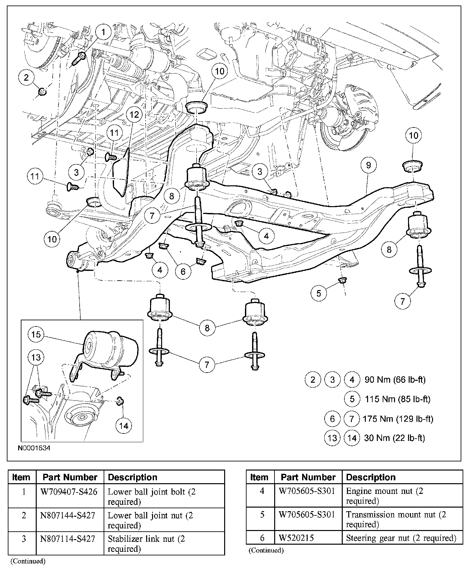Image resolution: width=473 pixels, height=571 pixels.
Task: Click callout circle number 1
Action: [x=103, y=32]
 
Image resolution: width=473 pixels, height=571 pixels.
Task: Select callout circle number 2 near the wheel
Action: [x=26, y=77]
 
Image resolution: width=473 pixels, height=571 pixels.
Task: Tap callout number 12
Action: [x=134, y=114]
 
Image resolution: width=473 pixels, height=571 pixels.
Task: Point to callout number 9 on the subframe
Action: [x=368, y=165]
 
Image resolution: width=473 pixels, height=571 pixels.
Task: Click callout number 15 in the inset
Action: [x=36, y=334]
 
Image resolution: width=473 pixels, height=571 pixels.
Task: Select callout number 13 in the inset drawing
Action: [x=36, y=357]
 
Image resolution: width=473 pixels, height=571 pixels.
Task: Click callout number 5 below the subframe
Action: [x=318, y=293]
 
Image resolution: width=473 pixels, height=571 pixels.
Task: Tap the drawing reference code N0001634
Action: [x=34, y=448]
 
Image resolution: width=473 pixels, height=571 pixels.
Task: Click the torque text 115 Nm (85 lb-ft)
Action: [x=398, y=399]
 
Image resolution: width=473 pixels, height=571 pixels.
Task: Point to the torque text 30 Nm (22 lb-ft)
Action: [x=394, y=438]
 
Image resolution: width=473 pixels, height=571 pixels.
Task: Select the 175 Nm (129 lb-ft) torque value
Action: [x=398, y=418]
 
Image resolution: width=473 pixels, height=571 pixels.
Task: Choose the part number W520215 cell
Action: [x=296, y=538]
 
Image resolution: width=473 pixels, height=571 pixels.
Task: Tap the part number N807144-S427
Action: [x=68, y=516]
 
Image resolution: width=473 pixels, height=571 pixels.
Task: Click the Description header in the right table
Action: [x=371, y=477]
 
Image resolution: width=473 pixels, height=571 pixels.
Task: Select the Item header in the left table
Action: [x=21, y=477]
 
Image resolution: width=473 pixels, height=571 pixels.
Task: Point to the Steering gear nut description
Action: [x=401, y=538]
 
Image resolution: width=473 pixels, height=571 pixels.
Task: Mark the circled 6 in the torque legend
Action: [x=332, y=419]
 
